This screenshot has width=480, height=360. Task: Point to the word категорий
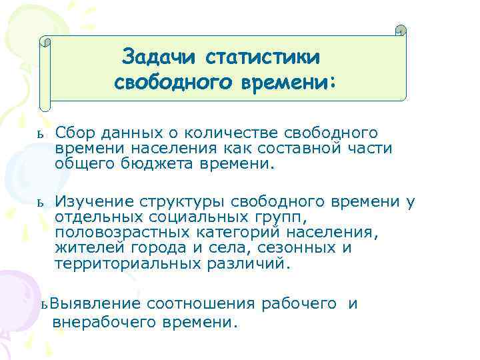tap(246, 233)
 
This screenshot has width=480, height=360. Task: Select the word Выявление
tap(95, 304)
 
